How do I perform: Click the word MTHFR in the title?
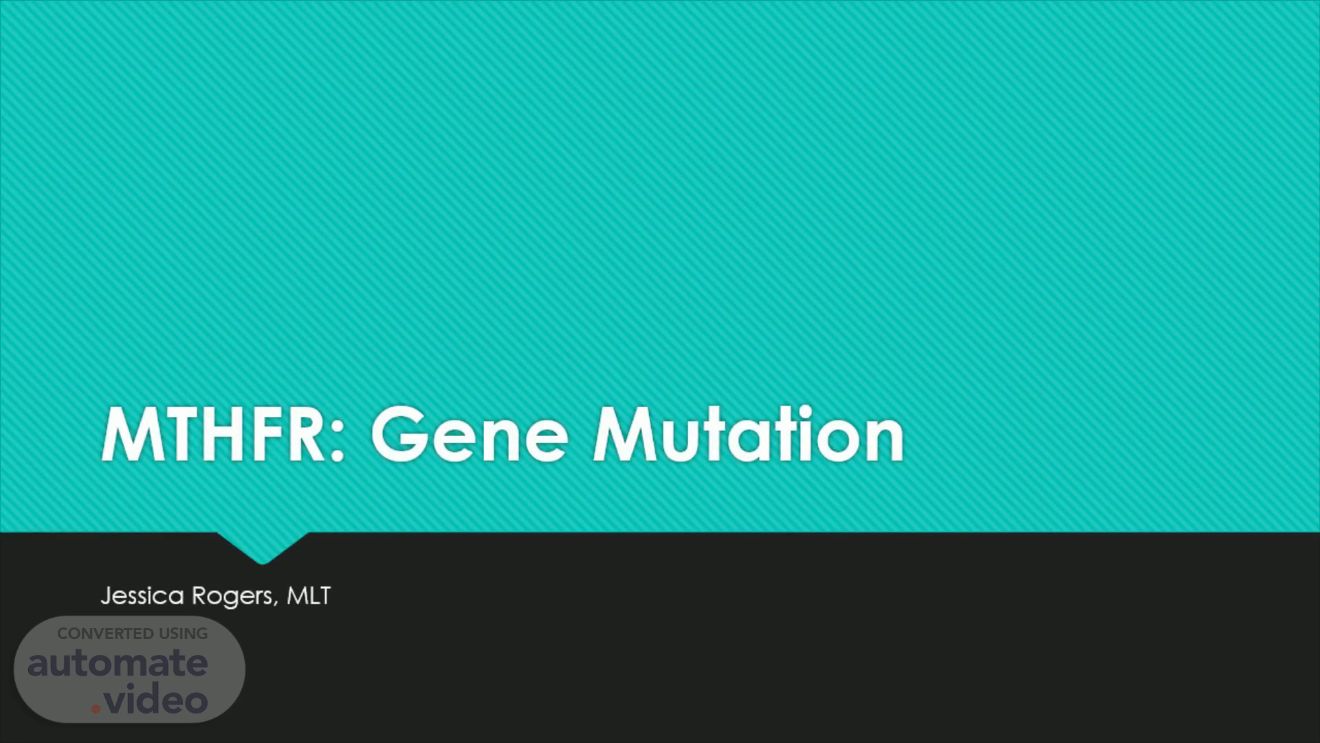(x=214, y=435)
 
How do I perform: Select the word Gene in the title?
(x=470, y=435)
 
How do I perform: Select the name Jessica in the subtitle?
(x=142, y=596)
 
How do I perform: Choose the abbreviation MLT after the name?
(x=308, y=595)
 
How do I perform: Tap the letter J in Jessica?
(x=106, y=596)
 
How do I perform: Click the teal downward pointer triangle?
(x=262, y=547)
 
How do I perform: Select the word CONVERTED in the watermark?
(x=105, y=634)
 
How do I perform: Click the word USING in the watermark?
(x=183, y=634)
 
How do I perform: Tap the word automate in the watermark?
(x=118, y=663)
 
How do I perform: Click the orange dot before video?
(x=96, y=709)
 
